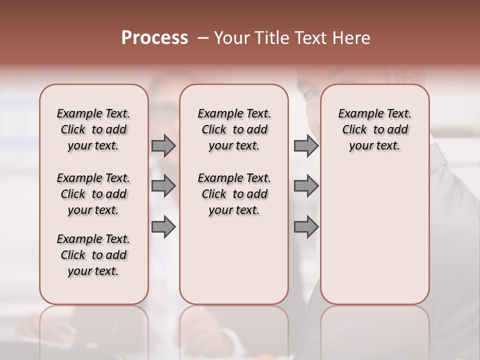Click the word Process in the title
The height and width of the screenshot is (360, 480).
tap(154, 38)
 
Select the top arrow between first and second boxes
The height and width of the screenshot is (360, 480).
tap(163, 145)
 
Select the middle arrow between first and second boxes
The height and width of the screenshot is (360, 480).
tap(163, 186)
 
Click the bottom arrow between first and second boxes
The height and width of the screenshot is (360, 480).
tap(163, 226)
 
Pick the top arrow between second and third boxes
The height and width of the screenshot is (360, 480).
tap(306, 145)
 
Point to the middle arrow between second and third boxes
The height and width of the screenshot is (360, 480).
tap(306, 186)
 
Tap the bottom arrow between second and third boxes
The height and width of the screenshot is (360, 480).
tap(306, 226)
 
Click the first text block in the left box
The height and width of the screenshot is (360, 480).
tap(93, 129)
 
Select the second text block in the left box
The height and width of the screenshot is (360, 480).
tap(93, 194)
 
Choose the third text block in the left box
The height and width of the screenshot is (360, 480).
tap(93, 255)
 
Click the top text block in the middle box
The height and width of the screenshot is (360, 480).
tap(234, 129)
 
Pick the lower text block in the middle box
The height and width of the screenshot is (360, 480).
tap(234, 194)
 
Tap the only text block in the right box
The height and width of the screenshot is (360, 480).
tap(375, 129)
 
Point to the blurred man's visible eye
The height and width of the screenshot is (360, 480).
tap(310, 93)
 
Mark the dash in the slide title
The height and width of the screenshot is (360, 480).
tap(203, 38)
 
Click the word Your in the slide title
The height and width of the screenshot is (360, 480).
tap(229, 38)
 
